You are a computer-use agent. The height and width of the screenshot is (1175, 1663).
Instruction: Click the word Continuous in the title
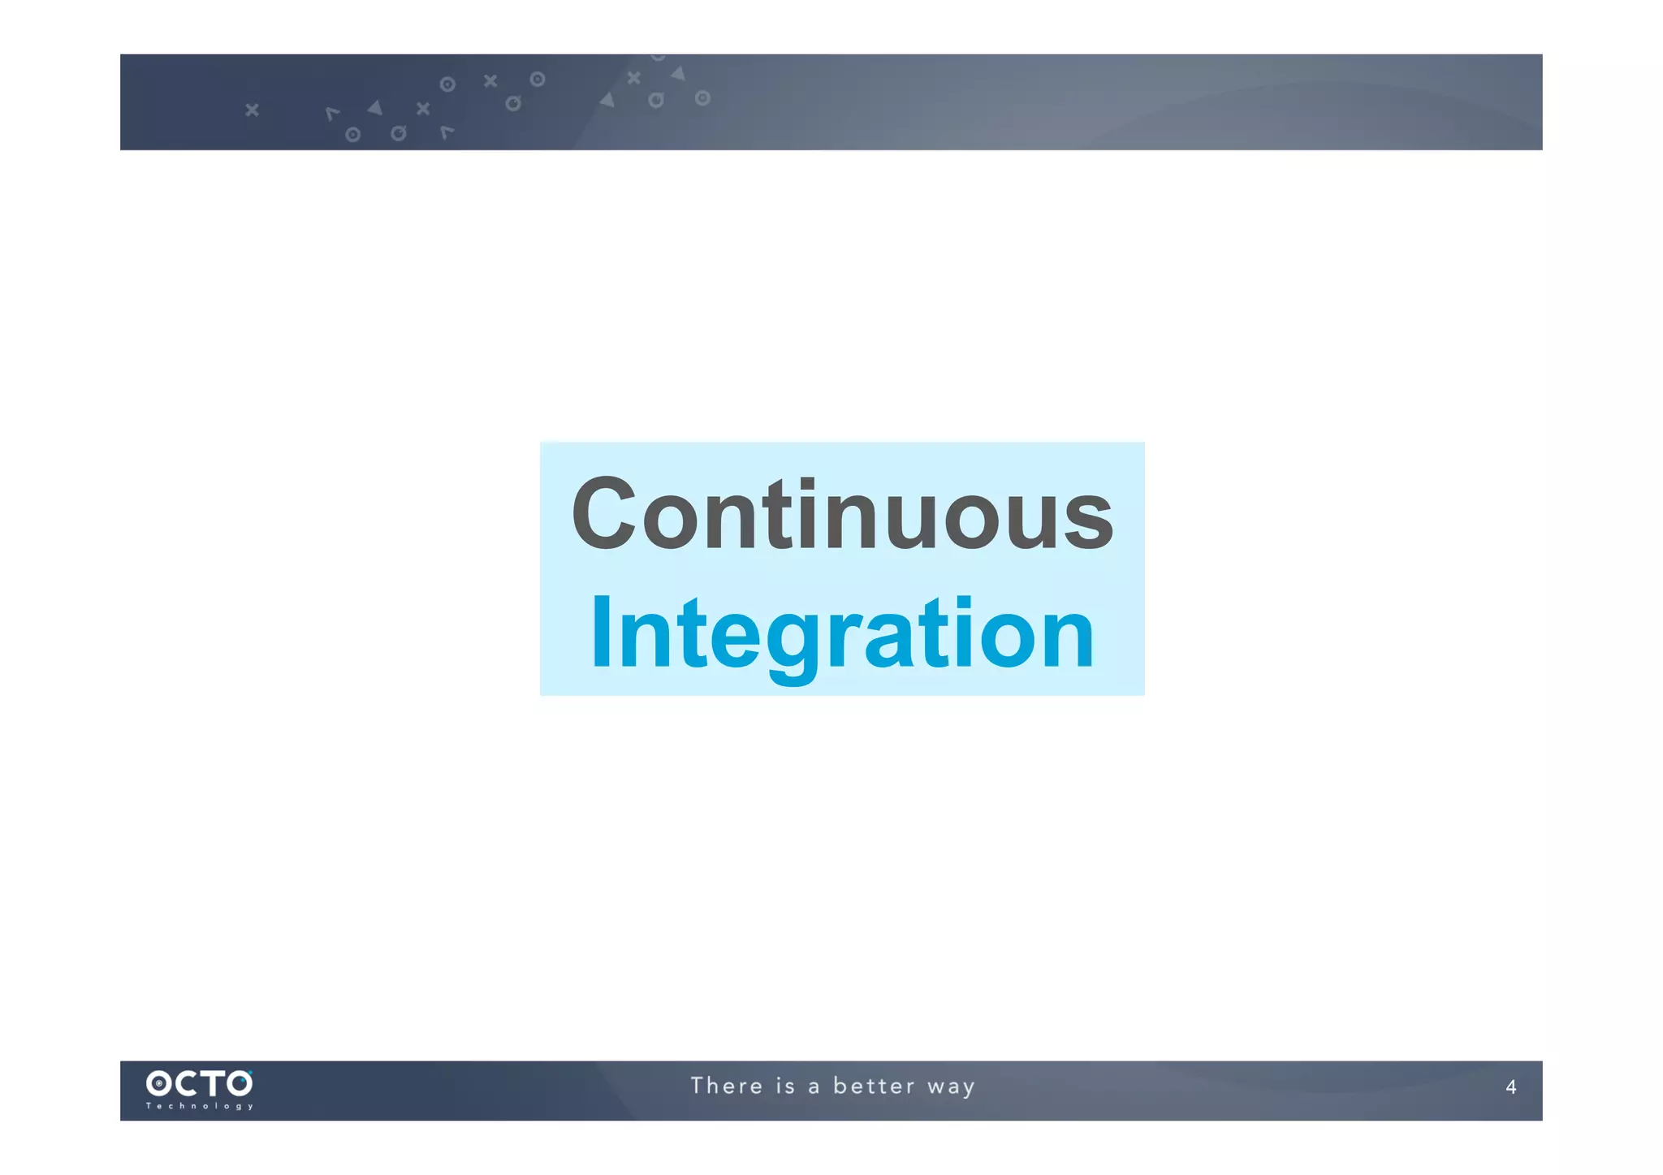[x=842, y=514]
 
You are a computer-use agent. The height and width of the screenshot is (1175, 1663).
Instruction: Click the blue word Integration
[x=842, y=633]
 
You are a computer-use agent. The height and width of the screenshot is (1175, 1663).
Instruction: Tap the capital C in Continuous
[x=603, y=514]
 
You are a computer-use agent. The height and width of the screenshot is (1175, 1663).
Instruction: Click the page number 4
[x=1510, y=1087]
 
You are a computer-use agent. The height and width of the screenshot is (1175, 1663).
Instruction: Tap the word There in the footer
[x=727, y=1086]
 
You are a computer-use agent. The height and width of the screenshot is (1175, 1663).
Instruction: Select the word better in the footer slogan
[x=874, y=1086]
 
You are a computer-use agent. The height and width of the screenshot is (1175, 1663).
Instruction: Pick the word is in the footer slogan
[x=785, y=1086]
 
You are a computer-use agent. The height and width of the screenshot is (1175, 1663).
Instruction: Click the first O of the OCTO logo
[x=159, y=1083]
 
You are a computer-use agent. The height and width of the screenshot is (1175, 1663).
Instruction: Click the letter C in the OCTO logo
[x=186, y=1083]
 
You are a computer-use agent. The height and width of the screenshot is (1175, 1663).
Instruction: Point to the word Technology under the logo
[x=199, y=1106]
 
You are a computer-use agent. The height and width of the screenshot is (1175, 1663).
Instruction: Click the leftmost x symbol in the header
[x=252, y=110]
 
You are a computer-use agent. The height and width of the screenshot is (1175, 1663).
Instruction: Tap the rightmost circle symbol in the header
[x=702, y=98]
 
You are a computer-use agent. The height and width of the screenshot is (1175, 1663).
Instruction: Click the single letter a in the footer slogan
[x=814, y=1087]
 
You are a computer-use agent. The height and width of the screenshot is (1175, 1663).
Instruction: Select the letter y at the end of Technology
[x=250, y=1107]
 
